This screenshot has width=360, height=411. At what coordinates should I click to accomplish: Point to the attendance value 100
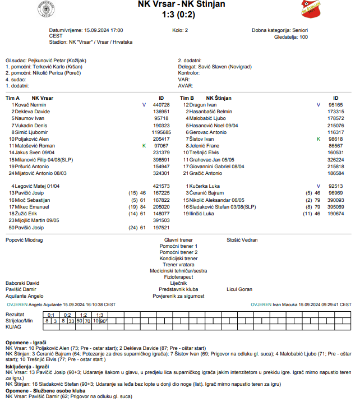[x=303, y=37]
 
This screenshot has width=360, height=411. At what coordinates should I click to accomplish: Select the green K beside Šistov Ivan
[x=318, y=138]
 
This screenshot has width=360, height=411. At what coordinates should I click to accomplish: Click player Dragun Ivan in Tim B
[x=203, y=105]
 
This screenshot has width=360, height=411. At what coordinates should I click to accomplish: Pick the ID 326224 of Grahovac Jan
[x=335, y=159]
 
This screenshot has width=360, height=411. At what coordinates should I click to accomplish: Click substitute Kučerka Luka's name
[x=204, y=186]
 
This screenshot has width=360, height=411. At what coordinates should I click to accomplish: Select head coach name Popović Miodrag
[x=24, y=240]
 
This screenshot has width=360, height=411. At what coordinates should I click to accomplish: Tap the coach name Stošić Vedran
[x=242, y=240]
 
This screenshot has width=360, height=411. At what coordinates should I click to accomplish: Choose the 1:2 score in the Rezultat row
[x=83, y=315]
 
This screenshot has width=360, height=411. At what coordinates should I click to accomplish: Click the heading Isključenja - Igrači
[x=26, y=367]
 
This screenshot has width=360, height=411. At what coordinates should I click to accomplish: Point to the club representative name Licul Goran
[x=239, y=289]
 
